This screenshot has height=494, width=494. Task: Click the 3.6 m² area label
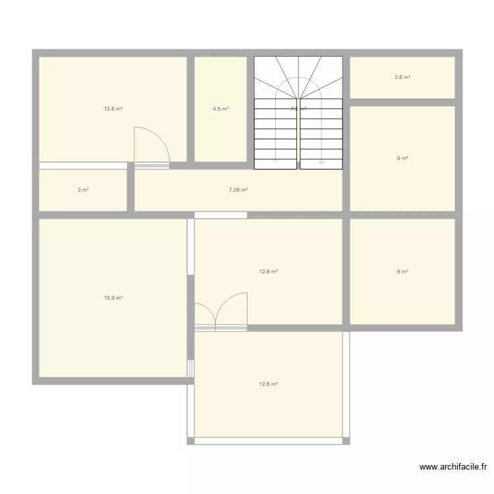402,78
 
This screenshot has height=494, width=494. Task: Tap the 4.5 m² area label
221,109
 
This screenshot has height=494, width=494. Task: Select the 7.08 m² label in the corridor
238,190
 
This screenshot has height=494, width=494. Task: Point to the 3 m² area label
83,190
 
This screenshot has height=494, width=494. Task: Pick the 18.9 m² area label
113,298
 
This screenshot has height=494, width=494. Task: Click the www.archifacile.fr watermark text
453,467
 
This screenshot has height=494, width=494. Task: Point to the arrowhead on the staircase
321,162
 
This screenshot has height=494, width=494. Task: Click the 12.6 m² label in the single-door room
113,109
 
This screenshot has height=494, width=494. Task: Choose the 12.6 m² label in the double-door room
269,271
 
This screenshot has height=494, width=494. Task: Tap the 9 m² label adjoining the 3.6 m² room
402,159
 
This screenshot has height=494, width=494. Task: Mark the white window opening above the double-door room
221,215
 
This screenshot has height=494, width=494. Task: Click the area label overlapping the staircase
298,109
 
